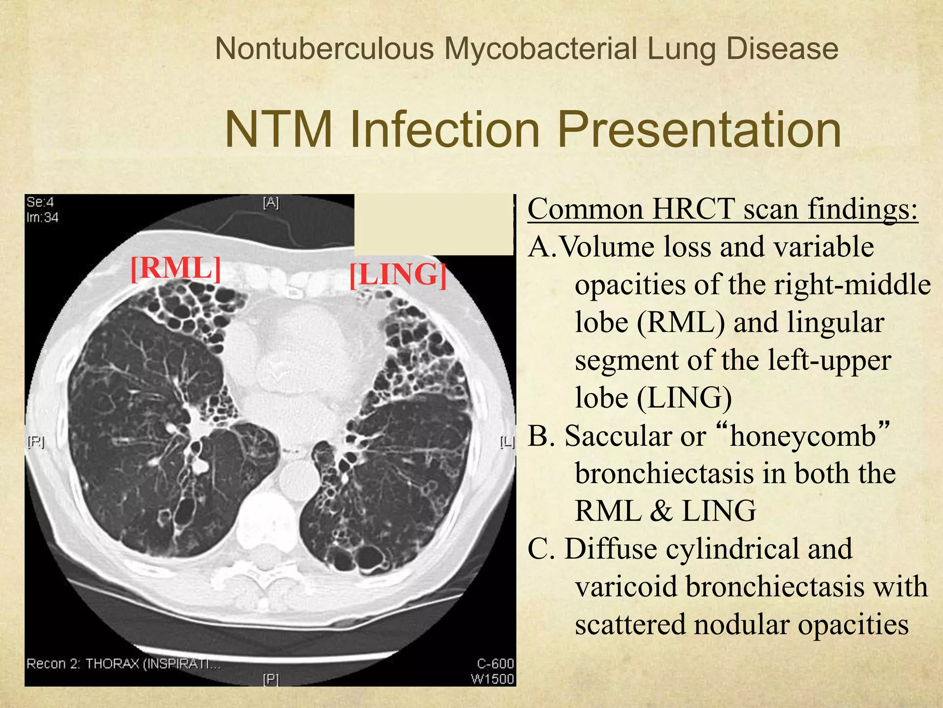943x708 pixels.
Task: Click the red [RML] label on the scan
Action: [x=175, y=268]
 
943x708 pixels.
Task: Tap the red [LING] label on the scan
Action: [x=398, y=275]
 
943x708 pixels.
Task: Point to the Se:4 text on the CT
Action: [x=40, y=202]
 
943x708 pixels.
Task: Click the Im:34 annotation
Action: [x=42, y=217]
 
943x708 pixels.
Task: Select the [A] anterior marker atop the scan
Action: [x=271, y=202]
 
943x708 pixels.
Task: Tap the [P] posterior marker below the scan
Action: [x=271, y=679]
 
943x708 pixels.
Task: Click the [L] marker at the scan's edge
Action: [x=507, y=442]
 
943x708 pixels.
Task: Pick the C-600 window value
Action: [x=495, y=663]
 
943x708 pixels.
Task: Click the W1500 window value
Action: [x=492, y=678]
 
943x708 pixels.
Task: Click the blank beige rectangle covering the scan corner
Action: [x=433, y=224]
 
